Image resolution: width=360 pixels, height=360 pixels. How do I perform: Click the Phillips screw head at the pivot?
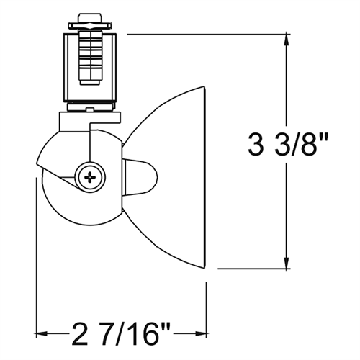(x=90, y=178)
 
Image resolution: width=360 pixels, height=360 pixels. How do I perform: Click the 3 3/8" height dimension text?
(x=288, y=145)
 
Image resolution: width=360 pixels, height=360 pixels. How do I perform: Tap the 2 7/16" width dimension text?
(x=121, y=334)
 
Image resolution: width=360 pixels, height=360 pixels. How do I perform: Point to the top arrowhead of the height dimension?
(x=286, y=40)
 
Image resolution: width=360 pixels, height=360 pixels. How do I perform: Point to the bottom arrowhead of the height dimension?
(x=286, y=263)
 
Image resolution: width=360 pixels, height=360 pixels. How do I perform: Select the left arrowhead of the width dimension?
(x=41, y=333)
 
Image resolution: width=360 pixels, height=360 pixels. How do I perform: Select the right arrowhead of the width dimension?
(x=201, y=333)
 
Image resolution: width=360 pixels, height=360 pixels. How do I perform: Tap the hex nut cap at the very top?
(x=90, y=19)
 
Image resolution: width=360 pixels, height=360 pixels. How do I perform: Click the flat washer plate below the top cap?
(x=90, y=25)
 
